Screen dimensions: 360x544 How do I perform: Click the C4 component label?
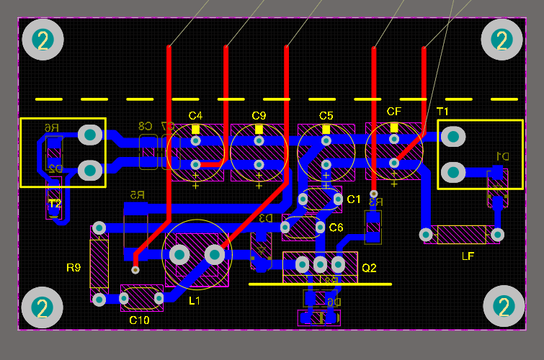coord(195,115)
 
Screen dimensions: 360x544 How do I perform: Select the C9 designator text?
coord(259,115)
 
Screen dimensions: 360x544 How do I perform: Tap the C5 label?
coord(326,115)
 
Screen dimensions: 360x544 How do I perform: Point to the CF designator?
coord(393,112)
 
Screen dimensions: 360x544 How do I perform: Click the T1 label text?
coord(442,111)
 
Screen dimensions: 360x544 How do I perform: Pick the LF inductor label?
coord(468,256)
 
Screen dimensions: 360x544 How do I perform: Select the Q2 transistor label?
coord(369,268)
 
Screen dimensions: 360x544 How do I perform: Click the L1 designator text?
coord(195,300)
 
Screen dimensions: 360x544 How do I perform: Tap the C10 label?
coord(139,320)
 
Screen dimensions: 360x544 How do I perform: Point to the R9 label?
coord(73,268)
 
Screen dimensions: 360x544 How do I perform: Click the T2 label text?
coord(55,204)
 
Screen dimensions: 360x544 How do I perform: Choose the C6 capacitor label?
coord(336,228)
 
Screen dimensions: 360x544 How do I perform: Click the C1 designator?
coord(353,199)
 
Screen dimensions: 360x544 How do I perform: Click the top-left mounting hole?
coord(43,40)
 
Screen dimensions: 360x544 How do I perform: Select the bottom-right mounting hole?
coord(503,307)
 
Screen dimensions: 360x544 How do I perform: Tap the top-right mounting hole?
coord(501,40)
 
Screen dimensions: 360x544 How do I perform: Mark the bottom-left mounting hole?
coord(43,308)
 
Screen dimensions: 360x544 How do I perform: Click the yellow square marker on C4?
coord(196,129)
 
